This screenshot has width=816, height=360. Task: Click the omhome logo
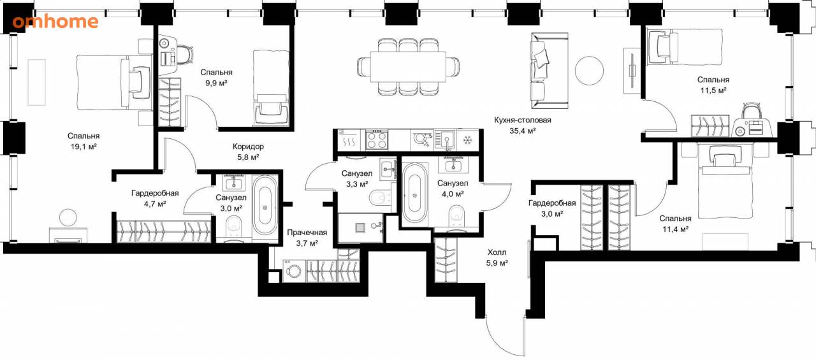click(55, 22)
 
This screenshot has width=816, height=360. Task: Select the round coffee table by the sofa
click(589, 71)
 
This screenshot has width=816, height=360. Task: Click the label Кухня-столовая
click(522, 120)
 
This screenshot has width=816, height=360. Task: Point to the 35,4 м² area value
click(522, 131)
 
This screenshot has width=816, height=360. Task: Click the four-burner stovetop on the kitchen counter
click(377, 140)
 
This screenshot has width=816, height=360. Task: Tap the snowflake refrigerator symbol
click(467, 140)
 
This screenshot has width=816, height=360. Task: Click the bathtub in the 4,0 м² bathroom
click(414, 193)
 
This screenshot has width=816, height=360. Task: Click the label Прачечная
click(307, 232)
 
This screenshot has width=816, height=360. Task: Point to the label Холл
click(497, 252)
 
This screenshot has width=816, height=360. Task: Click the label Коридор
click(248, 147)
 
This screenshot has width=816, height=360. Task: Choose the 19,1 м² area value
click(84, 147)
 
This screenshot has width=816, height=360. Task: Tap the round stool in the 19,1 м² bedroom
click(68, 217)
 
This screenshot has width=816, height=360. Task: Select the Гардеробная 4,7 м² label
click(155, 198)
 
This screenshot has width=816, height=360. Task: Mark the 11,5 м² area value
click(713, 90)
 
